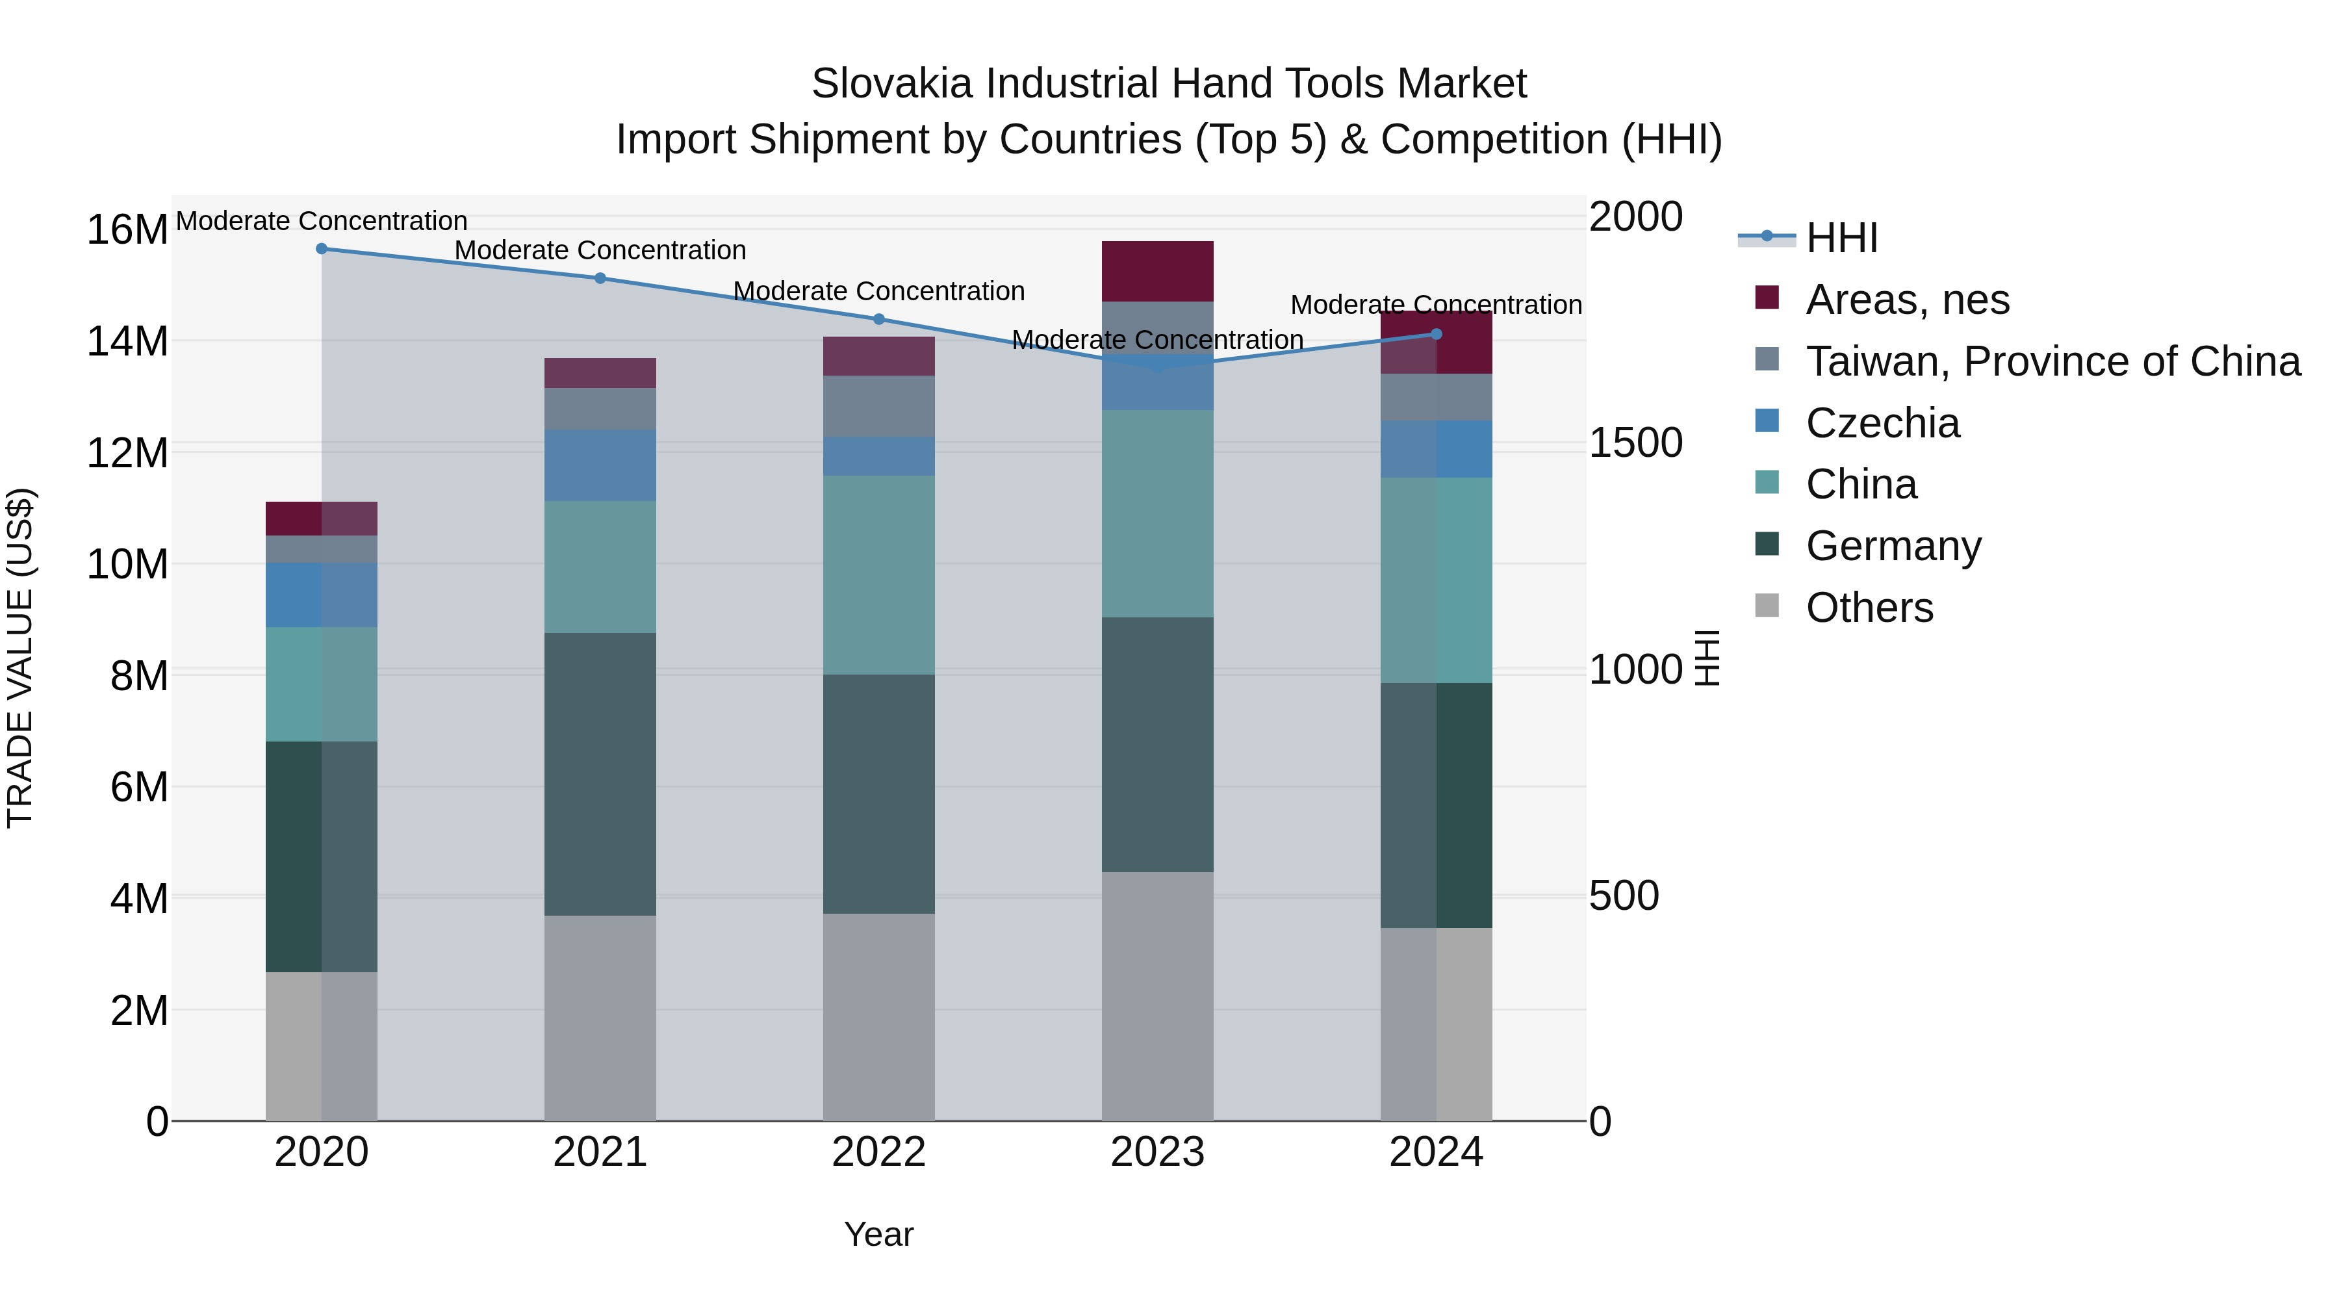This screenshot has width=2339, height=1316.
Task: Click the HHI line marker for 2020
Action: coord(322,249)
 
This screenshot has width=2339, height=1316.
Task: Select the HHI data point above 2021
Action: coord(600,278)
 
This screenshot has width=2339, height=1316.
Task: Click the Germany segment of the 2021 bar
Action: coord(600,774)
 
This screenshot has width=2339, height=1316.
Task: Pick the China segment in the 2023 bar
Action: coord(1158,514)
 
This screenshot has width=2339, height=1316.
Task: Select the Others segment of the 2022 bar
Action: coord(879,1017)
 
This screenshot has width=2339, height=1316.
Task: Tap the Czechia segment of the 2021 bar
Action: coord(600,465)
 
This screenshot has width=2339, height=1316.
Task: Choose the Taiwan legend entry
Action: coord(2052,361)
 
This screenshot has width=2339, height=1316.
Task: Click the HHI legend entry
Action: coord(1841,238)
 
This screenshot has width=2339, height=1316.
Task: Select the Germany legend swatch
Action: coord(1767,545)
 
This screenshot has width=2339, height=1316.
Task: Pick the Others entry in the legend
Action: coord(1869,608)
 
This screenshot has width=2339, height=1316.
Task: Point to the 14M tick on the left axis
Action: coord(127,341)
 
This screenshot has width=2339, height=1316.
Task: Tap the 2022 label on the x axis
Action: coord(879,1152)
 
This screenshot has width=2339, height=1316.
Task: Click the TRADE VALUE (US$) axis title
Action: coord(20,658)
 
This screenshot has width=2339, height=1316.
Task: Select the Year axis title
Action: coord(879,1234)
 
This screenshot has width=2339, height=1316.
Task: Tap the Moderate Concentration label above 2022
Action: coord(879,292)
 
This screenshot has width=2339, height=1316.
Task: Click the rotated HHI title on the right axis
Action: coord(1707,658)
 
